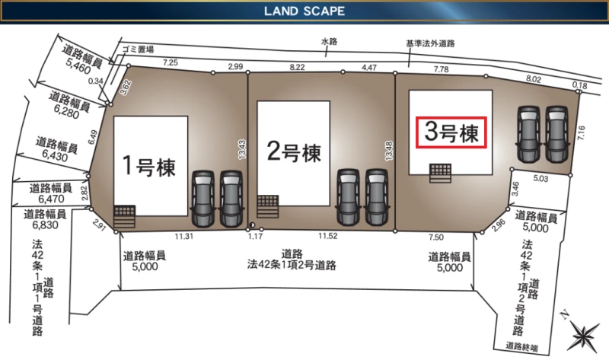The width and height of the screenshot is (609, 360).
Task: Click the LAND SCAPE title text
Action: [304, 11]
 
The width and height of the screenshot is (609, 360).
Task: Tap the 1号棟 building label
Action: [148, 166]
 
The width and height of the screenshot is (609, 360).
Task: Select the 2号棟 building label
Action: [294, 151]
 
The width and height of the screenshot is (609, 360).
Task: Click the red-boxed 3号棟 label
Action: [451, 132]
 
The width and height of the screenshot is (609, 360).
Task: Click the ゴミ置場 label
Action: [138, 49]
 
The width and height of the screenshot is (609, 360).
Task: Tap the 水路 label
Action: [329, 41]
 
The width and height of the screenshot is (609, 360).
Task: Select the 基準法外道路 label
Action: [430, 43]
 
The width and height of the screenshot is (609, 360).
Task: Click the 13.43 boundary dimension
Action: [241, 149]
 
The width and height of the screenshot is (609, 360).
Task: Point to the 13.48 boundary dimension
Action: [389, 151]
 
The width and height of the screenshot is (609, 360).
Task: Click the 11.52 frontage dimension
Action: [328, 236]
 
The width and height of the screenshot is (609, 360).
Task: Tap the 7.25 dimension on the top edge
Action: [171, 62]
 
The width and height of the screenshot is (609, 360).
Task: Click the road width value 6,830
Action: [46, 225]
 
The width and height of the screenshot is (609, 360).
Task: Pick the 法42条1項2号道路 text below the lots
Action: [292, 265]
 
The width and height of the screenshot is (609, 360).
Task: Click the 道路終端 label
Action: [521, 346]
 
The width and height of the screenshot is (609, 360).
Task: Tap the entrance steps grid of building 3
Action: [440, 174]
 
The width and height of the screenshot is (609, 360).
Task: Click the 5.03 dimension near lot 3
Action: [540, 179]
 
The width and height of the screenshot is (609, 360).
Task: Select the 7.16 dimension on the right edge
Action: [581, 133]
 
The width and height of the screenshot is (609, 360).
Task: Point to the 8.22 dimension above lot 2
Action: [297, 67]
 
